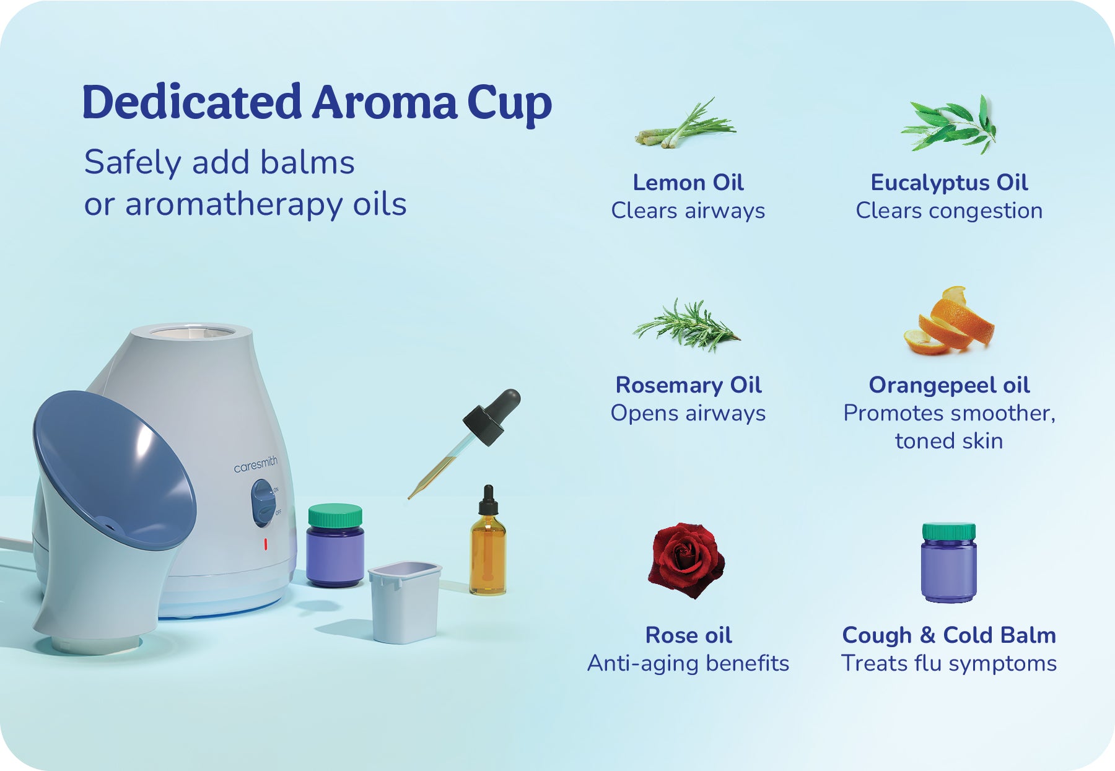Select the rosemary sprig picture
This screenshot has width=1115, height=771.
click(686, 325)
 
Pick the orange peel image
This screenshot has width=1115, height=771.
click(948, 321)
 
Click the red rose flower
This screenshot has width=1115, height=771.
click(686, 560)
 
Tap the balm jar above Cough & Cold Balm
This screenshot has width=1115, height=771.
click(948, 562)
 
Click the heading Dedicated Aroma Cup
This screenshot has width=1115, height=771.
click(317, 103)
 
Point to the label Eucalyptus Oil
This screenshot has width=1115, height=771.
click(949, 183)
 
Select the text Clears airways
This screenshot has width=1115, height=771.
click(688, 211)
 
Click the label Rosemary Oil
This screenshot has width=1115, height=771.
click(688, 385)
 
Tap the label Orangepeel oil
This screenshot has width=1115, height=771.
click(949, 385)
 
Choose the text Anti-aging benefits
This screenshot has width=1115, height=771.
click(688, 663)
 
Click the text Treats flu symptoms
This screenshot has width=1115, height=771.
click(949, 663)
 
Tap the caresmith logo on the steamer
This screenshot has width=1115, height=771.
click(256, 464)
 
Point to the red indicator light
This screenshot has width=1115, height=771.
click(265, 544)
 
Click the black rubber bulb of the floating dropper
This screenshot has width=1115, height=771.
click(494, 416)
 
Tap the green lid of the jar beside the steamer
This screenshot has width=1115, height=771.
click(335, 516)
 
